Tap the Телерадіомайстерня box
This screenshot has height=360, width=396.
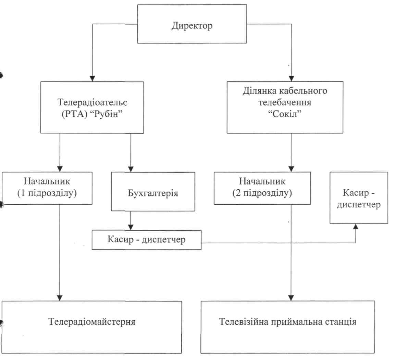pos(91,322)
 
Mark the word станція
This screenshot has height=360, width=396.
pos(342,322)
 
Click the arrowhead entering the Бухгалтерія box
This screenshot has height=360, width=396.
pos(130,168)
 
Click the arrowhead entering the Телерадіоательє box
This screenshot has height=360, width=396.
pos(91,78)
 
